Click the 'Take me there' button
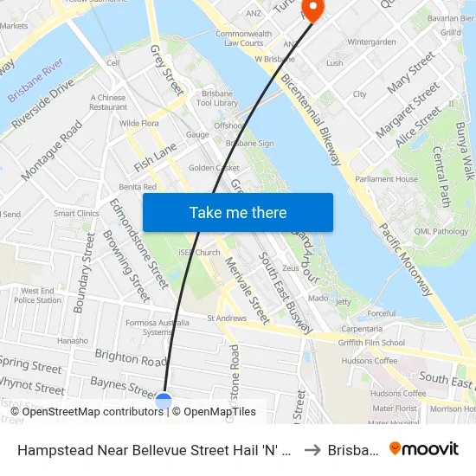pyautogui.click(x=238, y=213)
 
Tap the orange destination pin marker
pyautogui.click(x=309, y=9)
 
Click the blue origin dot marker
pyautogui.click(x=164, y=401)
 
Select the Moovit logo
pyautogui.click(x=424, y=448)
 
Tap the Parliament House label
pyautogui.click(x=386, y=179)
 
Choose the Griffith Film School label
pyautogui.click(x=372, y=342)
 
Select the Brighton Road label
pyautogui.click(x=130, y=358)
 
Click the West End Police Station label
pyautogui.click(x=38, y=296)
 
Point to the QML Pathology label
pyautogui.click(x=441, y=231)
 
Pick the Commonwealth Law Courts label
pyautogui.click(x=240, y=38)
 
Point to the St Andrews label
pyautogui.click(x=227, y=318)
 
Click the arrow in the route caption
pyautogui.click(x=312, y=449)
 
